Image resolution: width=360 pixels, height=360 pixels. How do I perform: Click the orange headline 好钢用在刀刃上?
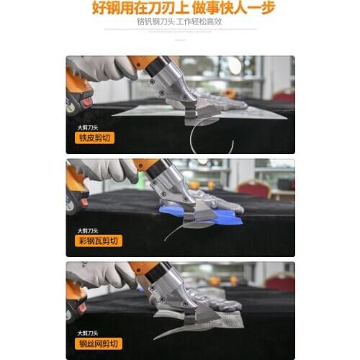click(x=137, y=9)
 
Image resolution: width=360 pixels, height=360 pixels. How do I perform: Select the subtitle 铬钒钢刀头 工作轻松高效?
click(x=180, y=22)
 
